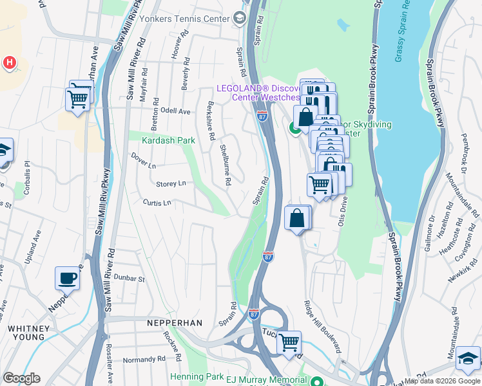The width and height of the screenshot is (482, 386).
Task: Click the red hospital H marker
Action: (9, 62)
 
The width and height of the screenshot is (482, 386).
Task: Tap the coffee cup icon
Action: (67, 279)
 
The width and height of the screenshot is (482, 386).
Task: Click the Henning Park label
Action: (196, 376)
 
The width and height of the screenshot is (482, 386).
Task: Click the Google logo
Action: (21, 378)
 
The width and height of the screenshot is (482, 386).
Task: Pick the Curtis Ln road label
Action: (157, 203)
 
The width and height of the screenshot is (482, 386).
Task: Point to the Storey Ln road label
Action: (171, 184)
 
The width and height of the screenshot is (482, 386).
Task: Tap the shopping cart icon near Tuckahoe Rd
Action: (289, 342)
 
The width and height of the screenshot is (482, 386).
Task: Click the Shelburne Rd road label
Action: (226, 165)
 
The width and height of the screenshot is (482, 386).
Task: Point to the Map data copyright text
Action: (442, 381)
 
